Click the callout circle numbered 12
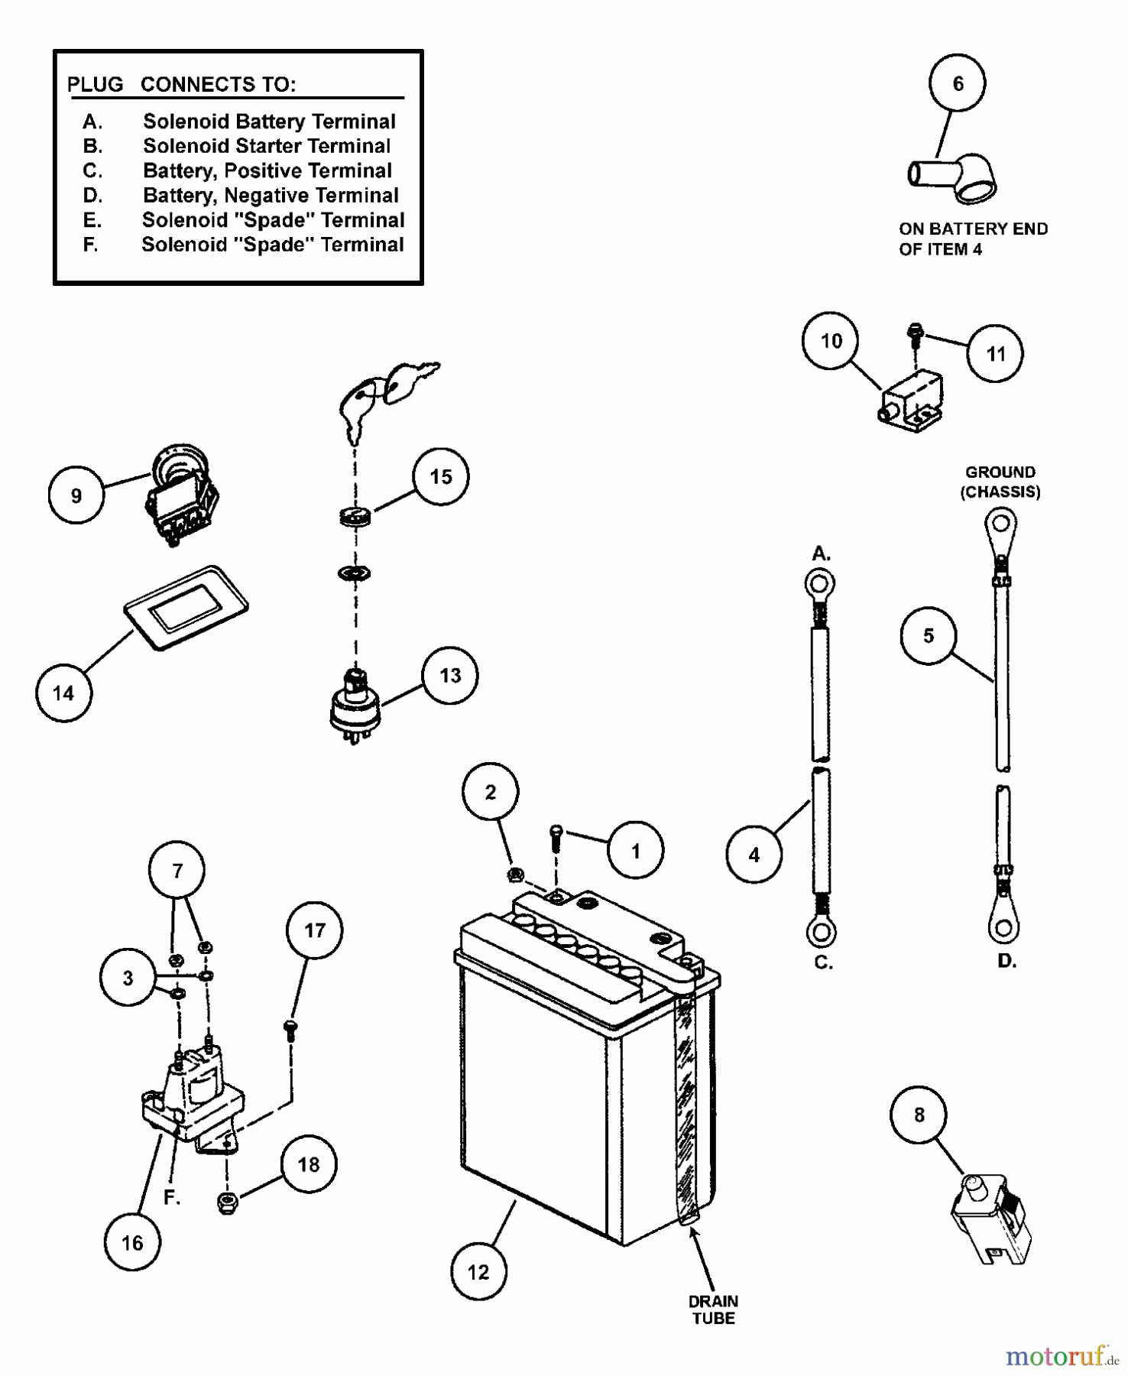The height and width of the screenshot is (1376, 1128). coord(478,1271)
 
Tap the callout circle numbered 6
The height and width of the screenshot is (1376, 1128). coord(958,83)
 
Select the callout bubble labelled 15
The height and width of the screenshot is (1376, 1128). coord(441,476)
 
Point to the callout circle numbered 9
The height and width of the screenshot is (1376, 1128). coord(76,495)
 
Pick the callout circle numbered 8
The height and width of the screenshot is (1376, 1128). coord(919,1115)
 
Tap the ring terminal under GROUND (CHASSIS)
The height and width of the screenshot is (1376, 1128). coord(1000,524)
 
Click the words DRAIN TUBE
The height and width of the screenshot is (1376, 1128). coord(713,1309)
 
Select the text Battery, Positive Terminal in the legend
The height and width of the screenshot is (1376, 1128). coord(267,170)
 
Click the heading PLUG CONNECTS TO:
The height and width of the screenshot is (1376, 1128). coord(181,84)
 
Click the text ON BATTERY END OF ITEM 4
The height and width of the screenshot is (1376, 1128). coord(972,239)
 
